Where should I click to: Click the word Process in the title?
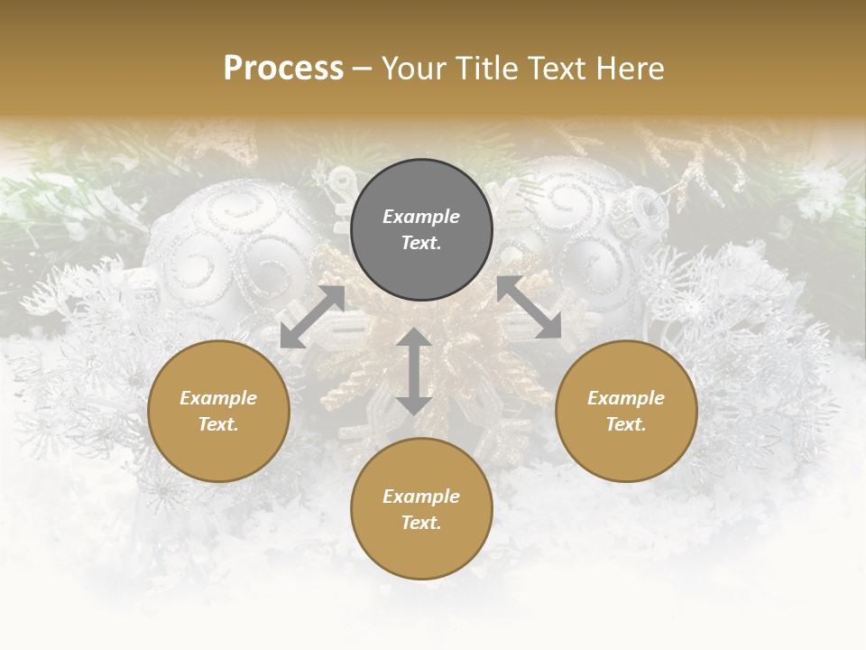click(283, 69)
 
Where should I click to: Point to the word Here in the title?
click(630, 69)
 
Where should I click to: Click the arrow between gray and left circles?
click(312, 317)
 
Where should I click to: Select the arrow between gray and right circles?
click(529, 308)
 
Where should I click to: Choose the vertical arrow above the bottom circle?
click(414, 371)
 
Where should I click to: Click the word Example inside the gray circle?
click(421, 217)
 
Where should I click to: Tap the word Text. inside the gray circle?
click(421, 243)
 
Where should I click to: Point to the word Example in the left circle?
click(218, 398)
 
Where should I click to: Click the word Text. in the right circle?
click(626, 424)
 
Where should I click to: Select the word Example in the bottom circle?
click(421, 497)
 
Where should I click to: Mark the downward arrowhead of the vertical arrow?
click(414, 404)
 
